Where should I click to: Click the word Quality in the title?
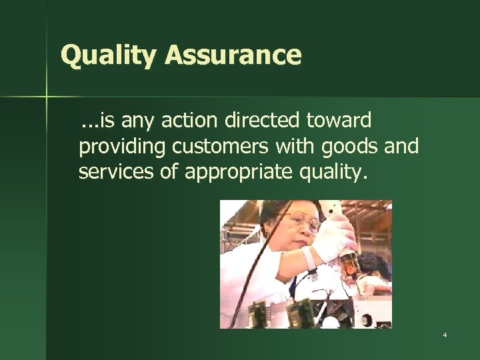tap(106, 55)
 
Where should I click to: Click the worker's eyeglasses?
tap(299, 219)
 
